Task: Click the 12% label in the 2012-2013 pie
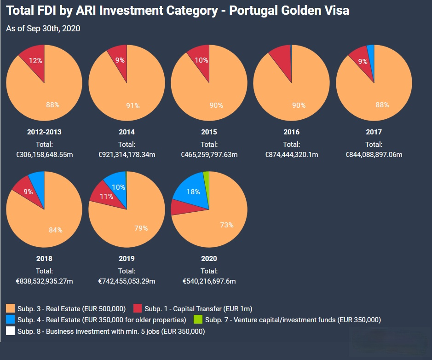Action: [x=35, y=60]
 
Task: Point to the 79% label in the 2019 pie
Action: [x=141, y=228]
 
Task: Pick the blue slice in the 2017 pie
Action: [x=371, y=50]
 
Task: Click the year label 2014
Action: [x=127, y=132]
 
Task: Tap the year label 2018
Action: [x=44, y=259]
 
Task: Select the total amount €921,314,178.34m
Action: [x=127, y=155]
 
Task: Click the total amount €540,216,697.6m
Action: [x=209, y=281]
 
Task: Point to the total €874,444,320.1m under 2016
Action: [x=291, y=155]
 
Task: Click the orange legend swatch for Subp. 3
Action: [x=11, y=308]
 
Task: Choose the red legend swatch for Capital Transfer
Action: [x=137, y=308]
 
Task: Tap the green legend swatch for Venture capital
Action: [x=198, y=319]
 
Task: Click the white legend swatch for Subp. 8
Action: [x=11, y=331]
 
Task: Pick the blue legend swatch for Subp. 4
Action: [x=11, y=319]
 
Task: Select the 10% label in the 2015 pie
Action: [x=201, y=60]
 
